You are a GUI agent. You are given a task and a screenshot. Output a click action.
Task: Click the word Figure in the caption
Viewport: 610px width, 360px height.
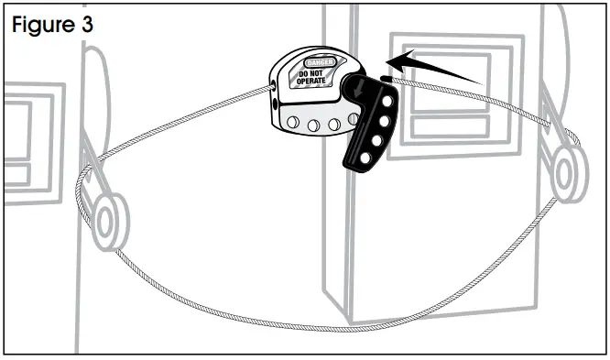point(42,24)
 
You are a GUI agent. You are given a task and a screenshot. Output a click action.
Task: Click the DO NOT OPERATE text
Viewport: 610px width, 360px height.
point(312,78)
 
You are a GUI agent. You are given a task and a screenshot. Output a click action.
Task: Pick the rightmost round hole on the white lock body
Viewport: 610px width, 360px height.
point(353,123)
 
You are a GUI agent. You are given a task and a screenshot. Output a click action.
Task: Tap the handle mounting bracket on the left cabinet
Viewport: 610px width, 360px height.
point(91,174)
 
